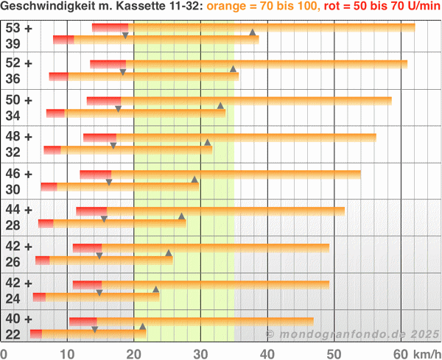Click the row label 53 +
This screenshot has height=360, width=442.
[x=18, y=28]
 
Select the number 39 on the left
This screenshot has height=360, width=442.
[x=13, y=43]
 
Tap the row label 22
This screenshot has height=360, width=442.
[x=13, y=335]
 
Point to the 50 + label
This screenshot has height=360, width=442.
[x=18, y=100]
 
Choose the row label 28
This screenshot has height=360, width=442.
[x=13, y=225]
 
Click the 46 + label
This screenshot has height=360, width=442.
[x=18, y=174]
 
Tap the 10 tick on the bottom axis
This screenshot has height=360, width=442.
[x=66, y=354]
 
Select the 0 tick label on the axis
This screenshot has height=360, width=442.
[x=4, y=354]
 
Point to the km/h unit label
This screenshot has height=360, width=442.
[x=427, y=354]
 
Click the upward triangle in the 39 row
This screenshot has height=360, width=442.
[x=252, y=32]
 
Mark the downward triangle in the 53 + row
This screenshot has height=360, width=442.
[x=125, y=35]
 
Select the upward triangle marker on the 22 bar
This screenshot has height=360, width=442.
[x=143, y=326]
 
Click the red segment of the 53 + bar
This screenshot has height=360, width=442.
[x=110, y=27]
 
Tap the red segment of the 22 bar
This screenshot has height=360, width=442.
[x=35, y=333]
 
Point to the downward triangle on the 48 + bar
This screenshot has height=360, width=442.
[x=113, y=146]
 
